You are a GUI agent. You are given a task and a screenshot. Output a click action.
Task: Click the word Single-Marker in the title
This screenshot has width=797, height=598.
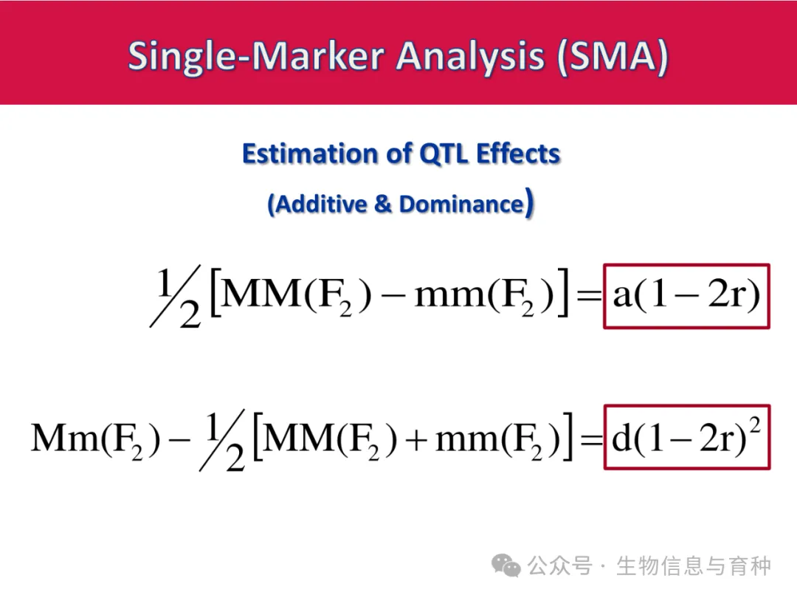click(256, 56)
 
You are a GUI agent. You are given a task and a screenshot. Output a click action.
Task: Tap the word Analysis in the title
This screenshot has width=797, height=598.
click(470, 56)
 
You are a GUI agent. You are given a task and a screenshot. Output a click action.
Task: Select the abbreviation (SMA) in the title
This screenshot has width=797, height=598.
click(613, 56)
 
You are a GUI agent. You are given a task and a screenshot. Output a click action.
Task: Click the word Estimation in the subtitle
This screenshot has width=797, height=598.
click(310, 154)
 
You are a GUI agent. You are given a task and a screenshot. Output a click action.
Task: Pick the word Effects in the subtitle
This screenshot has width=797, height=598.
click(518, 154)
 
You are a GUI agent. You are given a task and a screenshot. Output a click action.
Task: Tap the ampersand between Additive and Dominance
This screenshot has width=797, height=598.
click(383, 205)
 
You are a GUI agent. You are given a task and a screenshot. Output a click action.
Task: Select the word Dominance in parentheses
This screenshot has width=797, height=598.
click(461, 205)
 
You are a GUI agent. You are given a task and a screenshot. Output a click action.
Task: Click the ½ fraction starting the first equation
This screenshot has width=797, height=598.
click(176, 297)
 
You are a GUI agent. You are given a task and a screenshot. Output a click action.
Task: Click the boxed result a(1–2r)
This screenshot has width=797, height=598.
click(686, 296)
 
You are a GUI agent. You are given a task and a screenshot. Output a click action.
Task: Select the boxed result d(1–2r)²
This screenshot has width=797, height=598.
click(687, 437)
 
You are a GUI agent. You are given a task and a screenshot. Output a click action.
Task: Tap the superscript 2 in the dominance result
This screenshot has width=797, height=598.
click(755, 425)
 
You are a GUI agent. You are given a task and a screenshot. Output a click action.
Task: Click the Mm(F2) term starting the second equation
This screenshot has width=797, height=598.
click(95, 439)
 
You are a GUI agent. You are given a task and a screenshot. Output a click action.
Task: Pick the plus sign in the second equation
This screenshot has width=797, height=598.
click(416, 439)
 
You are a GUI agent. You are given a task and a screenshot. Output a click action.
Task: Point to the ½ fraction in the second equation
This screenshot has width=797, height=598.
click(223, 440)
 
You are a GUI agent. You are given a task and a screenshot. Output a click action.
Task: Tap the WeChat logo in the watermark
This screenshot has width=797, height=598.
click(506, 566)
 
